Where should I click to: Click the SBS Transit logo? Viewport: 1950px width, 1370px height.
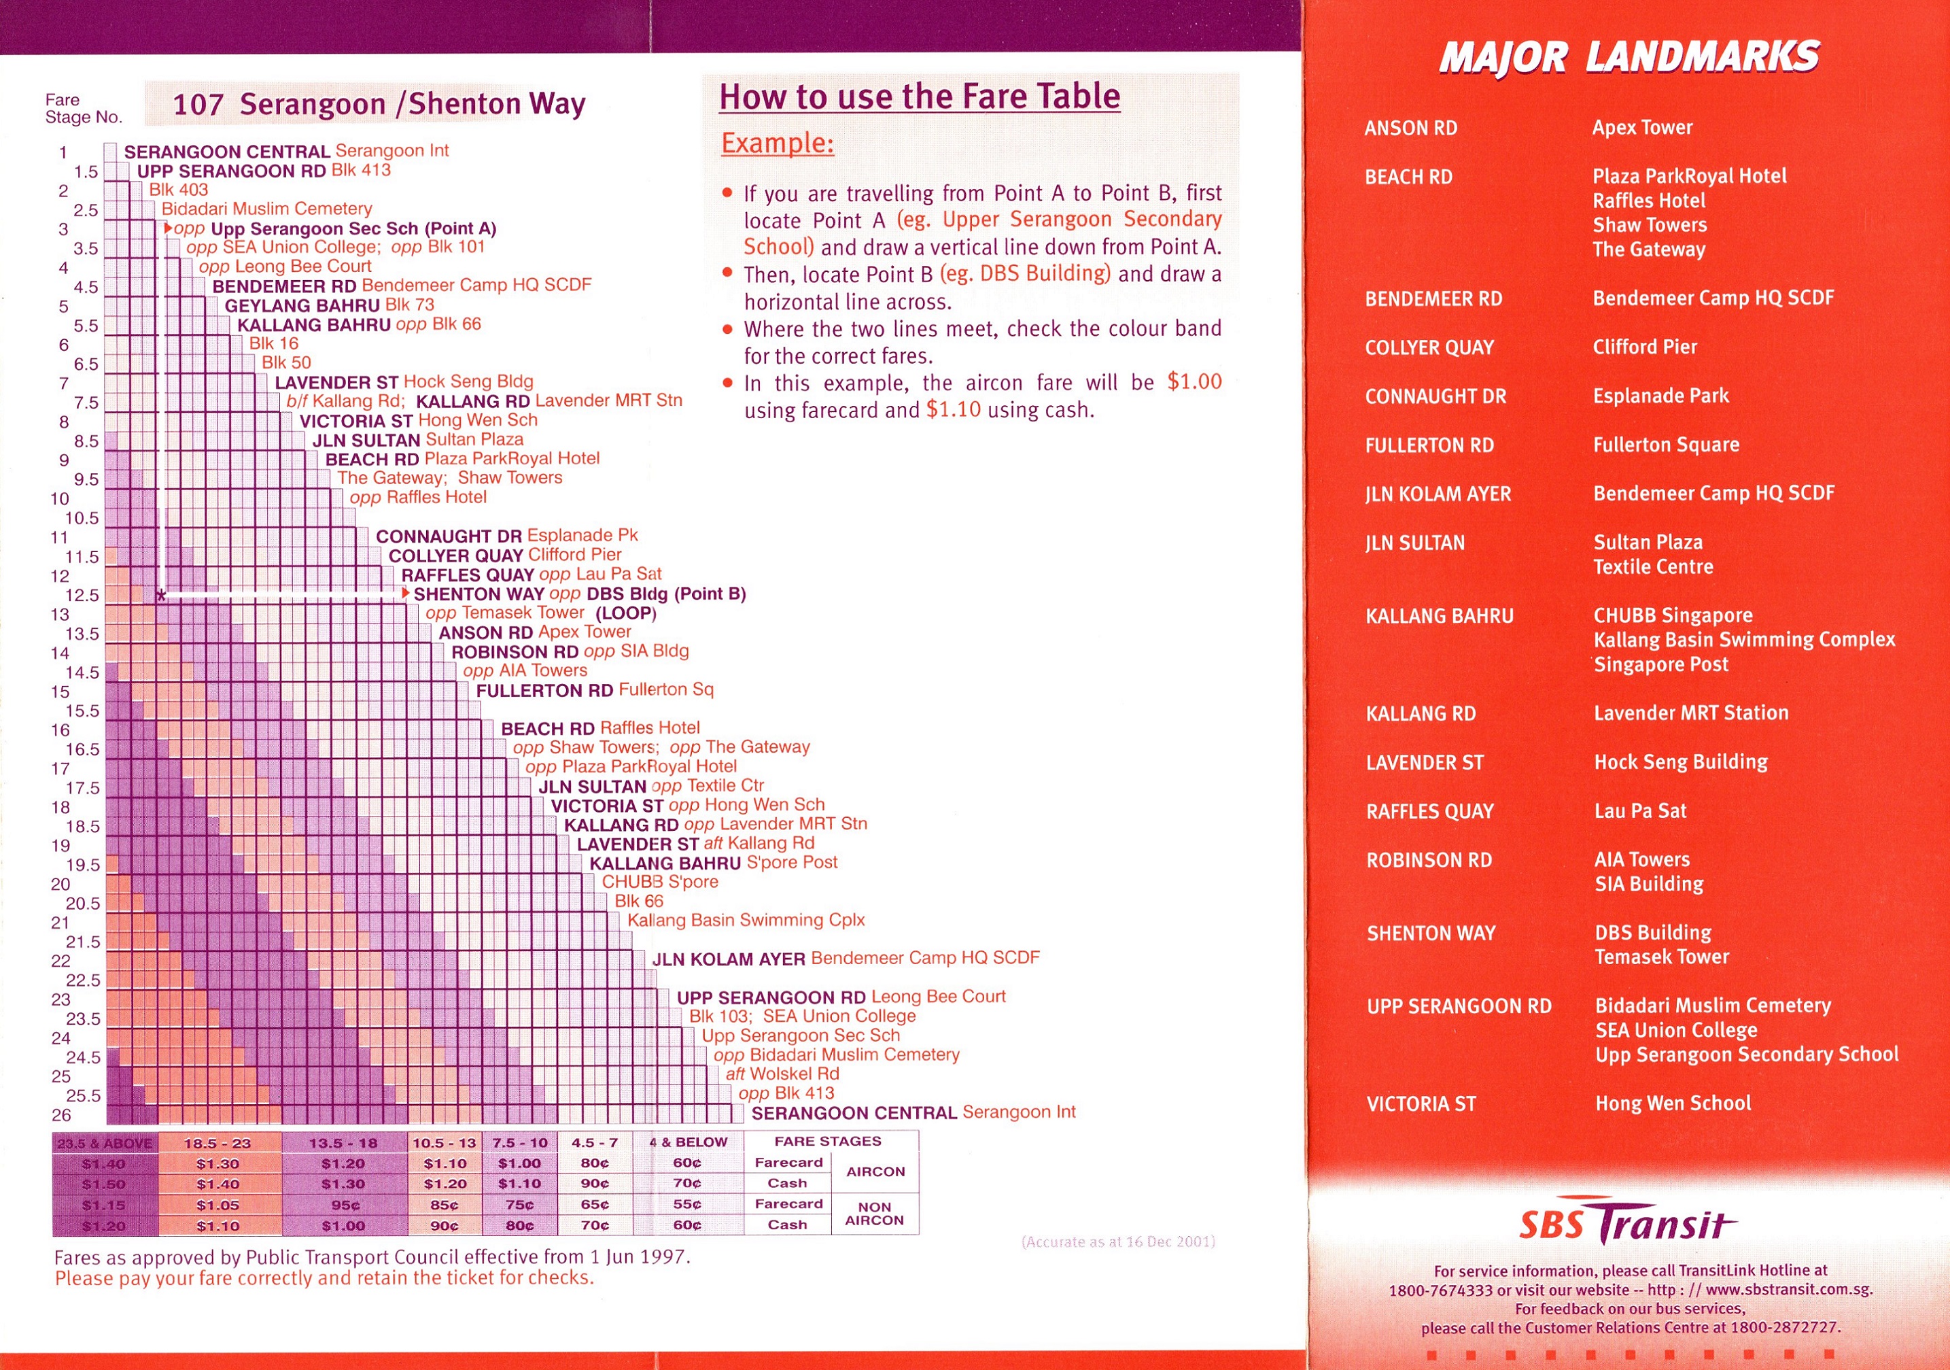pos(1626,1224)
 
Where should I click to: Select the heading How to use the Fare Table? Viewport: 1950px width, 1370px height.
pos(919,96)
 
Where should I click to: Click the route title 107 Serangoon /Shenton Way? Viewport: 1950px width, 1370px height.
pos(379,103)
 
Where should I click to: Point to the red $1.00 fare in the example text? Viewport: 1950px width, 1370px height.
pos(1194,381)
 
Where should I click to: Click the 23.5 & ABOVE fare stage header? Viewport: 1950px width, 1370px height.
pos(105,1143)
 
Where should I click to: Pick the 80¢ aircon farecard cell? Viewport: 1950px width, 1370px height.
pos(595,1163)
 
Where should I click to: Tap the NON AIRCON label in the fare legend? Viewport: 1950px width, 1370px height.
pos(874,1214)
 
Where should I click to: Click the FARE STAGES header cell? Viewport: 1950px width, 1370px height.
pos(827,1142)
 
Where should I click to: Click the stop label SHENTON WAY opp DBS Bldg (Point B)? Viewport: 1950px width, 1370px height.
pos(579,594)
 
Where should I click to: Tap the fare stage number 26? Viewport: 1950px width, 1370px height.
pos(61,1114)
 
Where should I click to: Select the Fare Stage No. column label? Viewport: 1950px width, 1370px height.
pos(83,109)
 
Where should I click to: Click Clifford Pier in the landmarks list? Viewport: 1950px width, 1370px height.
pos(1644,347)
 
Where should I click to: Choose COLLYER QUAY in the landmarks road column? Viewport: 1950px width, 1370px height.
pos(1429,347)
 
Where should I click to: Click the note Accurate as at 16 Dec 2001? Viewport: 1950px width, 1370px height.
pos(1117,1241)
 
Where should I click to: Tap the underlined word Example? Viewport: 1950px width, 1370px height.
pos(777,143)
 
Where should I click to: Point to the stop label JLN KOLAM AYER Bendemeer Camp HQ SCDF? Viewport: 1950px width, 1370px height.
pos(845,959)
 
